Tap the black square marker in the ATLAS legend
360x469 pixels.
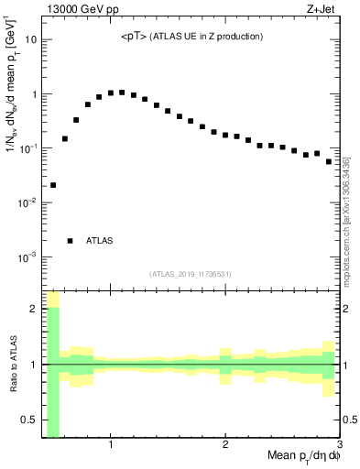(70, 241)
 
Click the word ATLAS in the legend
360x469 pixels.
(100, 241)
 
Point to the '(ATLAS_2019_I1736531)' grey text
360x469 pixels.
(191, 274)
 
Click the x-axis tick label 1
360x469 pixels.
(111, 445)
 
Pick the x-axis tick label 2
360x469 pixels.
(225, 445)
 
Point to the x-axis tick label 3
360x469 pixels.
(338, 445)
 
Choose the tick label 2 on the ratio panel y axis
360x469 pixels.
(35, 309)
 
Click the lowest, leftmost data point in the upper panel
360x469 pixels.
(53, 185)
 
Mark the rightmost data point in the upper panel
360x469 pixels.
(329, 161)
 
